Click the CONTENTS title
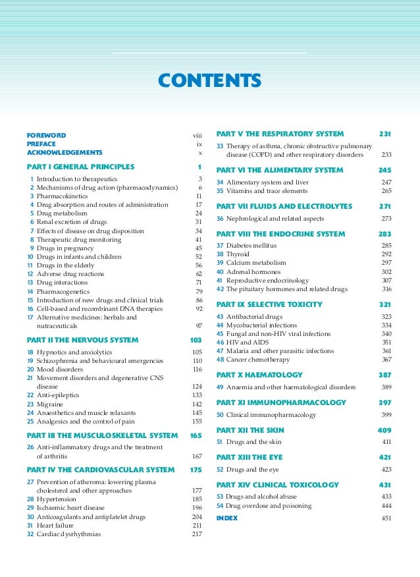point(210,81)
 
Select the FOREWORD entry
point(46,135)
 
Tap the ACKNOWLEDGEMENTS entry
point(65,152)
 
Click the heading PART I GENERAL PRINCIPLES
point(80,167)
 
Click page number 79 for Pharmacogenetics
point(198,291)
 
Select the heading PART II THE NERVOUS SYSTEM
point(82,341)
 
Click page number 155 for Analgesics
point(196,421)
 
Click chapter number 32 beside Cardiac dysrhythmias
point(30,534)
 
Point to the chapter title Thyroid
point(237,254)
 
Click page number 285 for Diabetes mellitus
point(386,245)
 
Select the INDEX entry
point(227,518)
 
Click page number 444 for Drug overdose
point(386,505)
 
